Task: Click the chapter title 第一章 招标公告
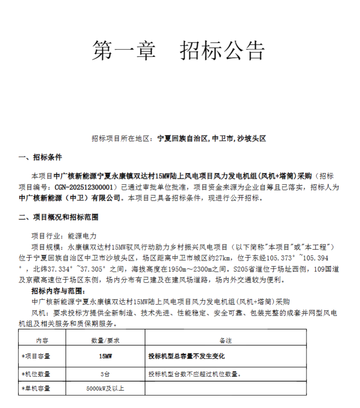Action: point(178,50)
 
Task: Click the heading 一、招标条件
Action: point(40,157)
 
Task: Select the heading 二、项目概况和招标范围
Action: point(58,218)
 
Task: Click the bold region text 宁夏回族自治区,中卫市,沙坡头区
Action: point(212,139)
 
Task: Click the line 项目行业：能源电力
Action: point(64,235)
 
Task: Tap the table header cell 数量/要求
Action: point(105,341)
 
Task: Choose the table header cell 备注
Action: point(226,341)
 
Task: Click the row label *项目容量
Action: point(36,357)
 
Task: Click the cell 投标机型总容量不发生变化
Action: point(186,357)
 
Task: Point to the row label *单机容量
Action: point(36,388)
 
